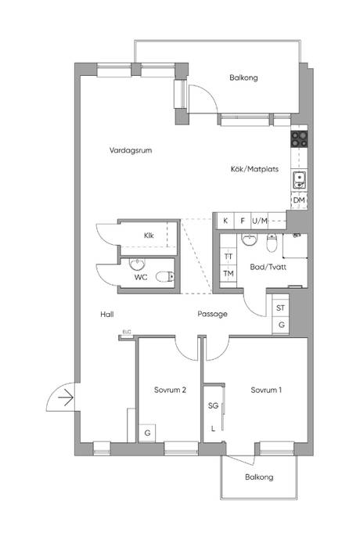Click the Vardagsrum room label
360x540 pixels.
(x=131, y=150)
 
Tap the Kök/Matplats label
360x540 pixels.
(x=254, y=169)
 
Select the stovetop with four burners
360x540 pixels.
(x=299, y=139)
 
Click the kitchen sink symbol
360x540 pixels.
(x=299, y=180)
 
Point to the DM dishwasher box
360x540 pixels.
(x=299, y=200)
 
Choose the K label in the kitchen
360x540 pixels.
(x=225, y=221)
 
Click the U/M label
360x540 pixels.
(x=260, y=221)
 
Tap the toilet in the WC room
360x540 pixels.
(x=165, y=276)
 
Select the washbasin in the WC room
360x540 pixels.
(x=137, y=265)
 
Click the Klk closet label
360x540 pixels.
(x=149, y=236)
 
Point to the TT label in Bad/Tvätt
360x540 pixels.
(x=228, y=257)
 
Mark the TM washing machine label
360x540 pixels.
(x=229, y=274)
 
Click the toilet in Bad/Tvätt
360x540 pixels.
(x=272, y=243)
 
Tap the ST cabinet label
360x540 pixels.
(x=280, y=308)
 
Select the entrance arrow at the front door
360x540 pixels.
(x=66, y=398)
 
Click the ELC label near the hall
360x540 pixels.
(x=127, y=332)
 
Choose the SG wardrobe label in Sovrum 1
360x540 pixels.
(x=213, y=405)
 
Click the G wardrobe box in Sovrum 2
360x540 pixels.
(x=147, y=433)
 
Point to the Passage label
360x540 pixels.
(x=212, y=314)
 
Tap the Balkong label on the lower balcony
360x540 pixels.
(x=259, y=477)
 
